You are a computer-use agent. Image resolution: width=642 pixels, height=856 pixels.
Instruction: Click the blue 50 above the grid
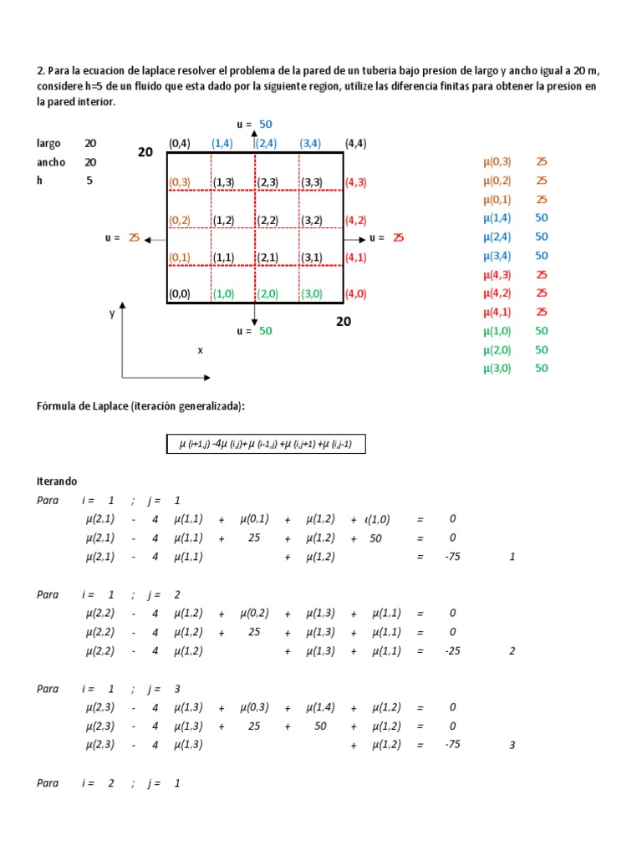click(265, 125)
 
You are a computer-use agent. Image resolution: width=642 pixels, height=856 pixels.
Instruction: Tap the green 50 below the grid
click(265, 331)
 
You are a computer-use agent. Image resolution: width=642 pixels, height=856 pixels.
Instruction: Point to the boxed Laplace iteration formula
click(266, 445)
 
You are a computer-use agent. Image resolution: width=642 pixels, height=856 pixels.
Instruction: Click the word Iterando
click(57, 481)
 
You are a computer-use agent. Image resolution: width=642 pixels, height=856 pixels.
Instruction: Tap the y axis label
click(111, 313)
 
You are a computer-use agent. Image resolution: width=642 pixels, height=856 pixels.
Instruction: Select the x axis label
click(200, 350)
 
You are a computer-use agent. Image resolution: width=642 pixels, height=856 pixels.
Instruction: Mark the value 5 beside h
click(89, 180)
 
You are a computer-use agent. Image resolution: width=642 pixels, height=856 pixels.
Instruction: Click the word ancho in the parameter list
click(51, 162)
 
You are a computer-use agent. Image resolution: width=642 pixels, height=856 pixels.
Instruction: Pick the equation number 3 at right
click(512, 744)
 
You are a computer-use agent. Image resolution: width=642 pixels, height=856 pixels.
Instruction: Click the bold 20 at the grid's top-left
click(145, 152)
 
